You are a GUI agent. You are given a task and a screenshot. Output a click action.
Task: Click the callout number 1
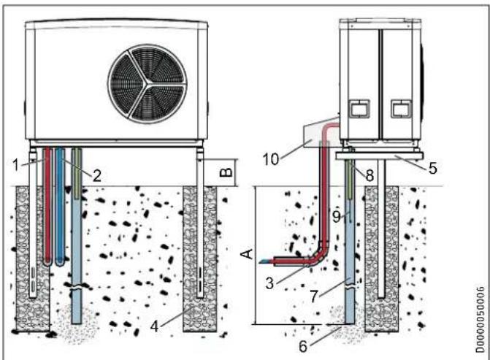tap(15, 165)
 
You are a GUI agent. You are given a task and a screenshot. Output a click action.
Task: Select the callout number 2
tap(97, 176)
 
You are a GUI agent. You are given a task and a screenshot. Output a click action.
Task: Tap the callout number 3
tap(269, 283)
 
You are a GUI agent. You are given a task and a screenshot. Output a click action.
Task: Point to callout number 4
tap(154, 326)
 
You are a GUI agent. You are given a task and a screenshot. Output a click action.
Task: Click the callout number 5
tap(432, 168)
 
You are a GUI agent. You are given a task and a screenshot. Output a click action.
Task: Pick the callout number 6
tap(303, 346)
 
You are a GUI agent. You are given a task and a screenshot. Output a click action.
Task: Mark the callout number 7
tap(315, 296)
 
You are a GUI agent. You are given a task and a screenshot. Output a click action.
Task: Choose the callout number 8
tap(370, 175)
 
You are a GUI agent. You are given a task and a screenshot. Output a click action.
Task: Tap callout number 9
tap(336, 216)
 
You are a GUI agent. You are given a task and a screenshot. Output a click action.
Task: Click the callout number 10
tap(271, 159)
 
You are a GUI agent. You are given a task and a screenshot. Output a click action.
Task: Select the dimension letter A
tap(248, 254)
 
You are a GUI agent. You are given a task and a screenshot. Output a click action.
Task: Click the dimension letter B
tap(227, 172)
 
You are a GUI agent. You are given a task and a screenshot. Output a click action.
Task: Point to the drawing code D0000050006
tap(481, 319)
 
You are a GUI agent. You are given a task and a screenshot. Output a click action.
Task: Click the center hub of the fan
tap(148, 83)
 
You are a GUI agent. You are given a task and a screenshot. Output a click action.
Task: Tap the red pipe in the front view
tap(47, 206)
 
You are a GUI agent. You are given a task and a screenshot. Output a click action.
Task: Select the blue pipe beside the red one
tap(60, 206)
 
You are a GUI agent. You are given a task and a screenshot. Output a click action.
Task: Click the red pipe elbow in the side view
tap(319, 256)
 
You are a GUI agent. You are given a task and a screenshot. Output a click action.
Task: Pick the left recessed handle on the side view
tap(359, 109)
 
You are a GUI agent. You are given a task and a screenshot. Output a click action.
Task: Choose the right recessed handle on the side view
tap(401, 109)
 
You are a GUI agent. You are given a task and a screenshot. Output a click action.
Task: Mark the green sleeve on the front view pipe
tap(77, 173)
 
